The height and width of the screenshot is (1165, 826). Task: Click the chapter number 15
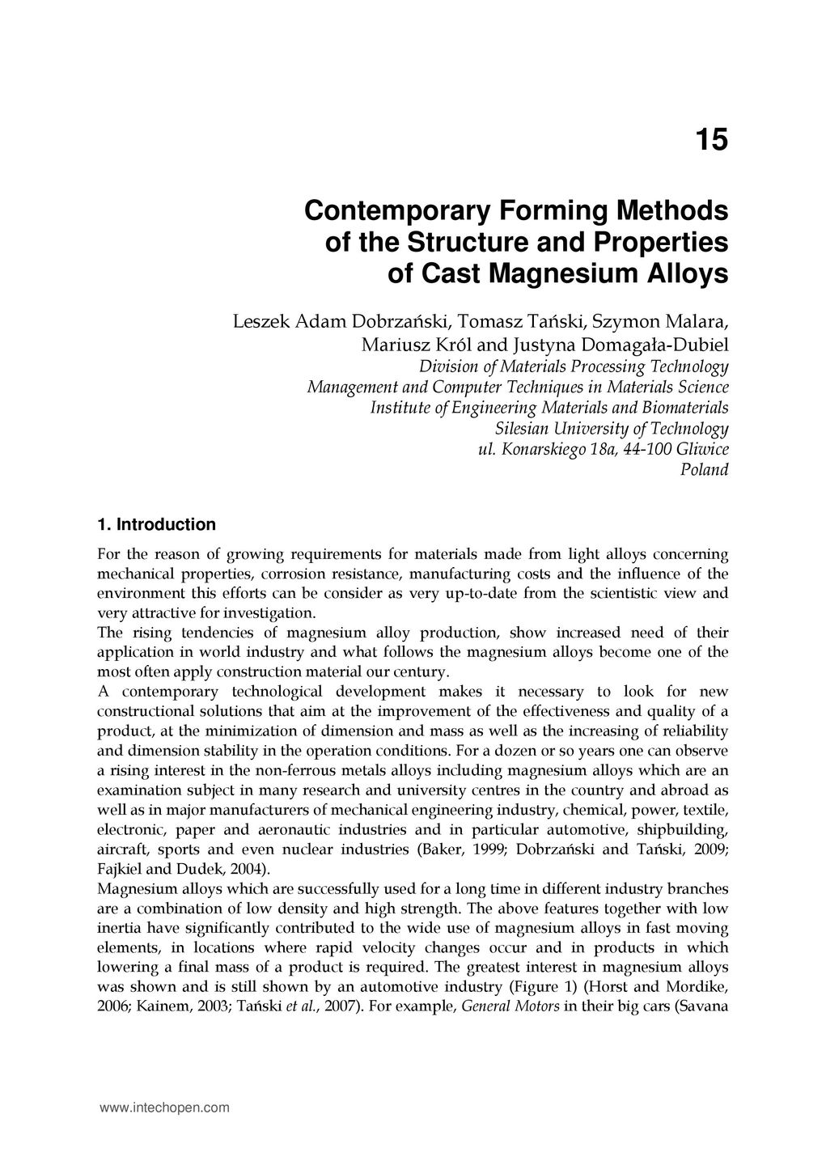[x=711, y=141]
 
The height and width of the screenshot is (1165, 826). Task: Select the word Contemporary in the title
[x=382, y=211]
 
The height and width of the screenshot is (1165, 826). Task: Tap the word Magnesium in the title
[x=552, y=274]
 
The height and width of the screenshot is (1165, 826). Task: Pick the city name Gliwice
[x=701, y=449]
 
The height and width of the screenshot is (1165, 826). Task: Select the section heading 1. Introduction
[x=156, y=524]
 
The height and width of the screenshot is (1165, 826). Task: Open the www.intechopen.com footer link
[x=163, y=1108]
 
